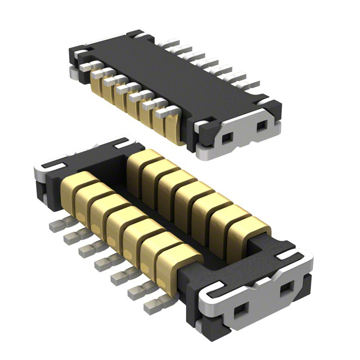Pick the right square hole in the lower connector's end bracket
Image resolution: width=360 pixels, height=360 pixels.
click(285, 291)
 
